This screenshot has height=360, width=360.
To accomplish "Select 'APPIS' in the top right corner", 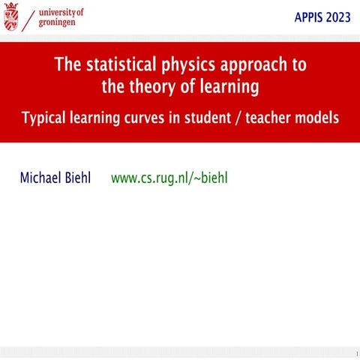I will point(304,18).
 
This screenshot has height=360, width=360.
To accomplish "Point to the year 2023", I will point(337,18).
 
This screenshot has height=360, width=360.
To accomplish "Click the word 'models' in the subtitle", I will point(319,118).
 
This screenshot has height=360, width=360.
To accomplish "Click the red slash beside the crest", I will point(29,19).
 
